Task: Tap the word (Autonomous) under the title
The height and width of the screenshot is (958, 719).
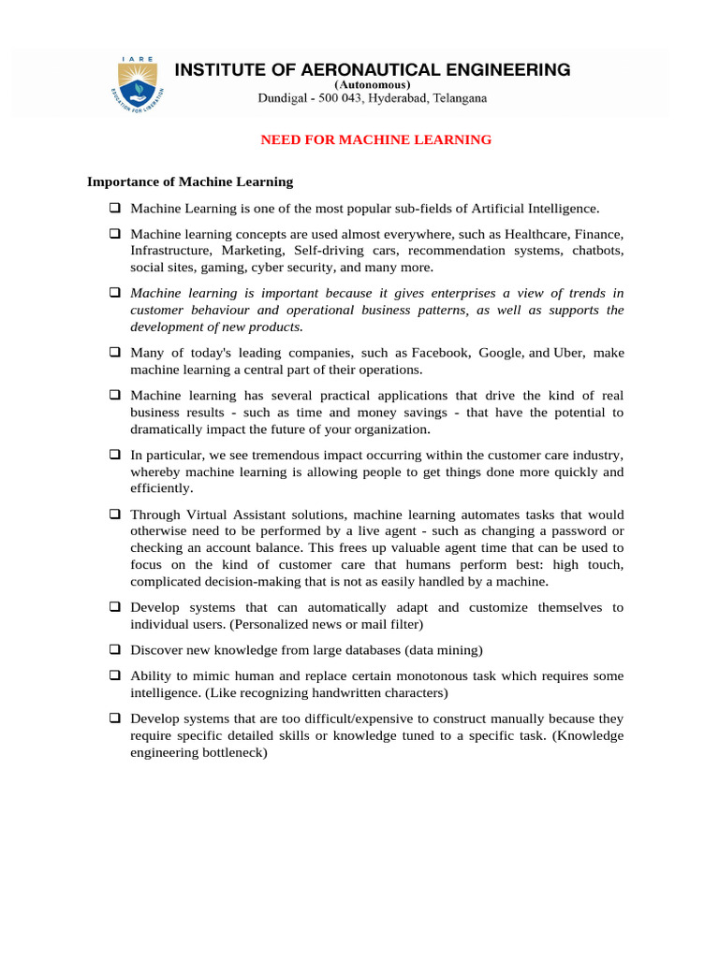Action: pos(373,84)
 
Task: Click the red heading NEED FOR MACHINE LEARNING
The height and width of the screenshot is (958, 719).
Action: pos(375,139)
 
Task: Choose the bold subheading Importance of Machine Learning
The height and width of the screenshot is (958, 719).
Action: pos(190,181)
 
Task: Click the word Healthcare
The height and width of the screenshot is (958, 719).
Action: pos(538,233)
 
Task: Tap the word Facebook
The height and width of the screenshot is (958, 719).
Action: pos(441,353)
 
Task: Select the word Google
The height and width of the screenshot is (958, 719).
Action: pos(502,353)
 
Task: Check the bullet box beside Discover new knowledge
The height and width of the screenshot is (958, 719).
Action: pos(115,649)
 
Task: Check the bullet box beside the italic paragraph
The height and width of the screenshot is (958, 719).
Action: pos(115,293)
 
